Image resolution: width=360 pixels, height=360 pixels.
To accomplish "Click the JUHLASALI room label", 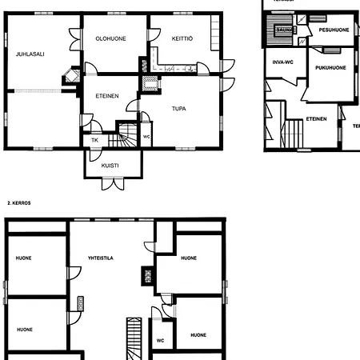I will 29,54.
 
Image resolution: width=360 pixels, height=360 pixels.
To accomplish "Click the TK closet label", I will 94,140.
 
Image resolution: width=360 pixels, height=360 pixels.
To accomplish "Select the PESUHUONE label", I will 334,30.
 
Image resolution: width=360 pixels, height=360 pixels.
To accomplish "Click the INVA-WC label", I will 282,61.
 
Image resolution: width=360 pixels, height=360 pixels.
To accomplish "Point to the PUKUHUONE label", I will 330,68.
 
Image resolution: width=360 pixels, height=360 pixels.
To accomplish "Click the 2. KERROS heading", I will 19,203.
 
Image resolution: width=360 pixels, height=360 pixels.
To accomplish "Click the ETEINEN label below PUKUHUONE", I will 316,119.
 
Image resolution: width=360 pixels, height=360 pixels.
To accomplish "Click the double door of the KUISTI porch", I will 113,183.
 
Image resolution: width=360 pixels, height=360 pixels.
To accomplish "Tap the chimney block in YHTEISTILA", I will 147,275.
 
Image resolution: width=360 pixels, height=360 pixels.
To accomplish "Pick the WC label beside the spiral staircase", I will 146,136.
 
